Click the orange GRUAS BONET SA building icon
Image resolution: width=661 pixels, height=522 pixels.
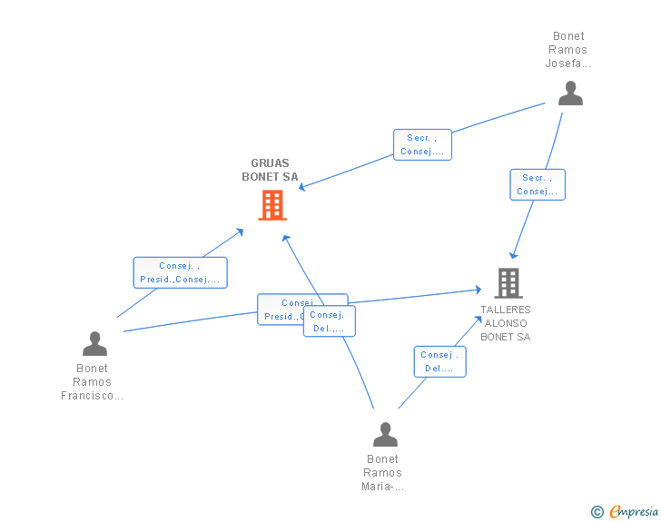pyautogui.click(x=271, y=205)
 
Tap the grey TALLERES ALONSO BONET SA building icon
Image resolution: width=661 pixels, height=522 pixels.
pyautogui.click(x=508, y=283)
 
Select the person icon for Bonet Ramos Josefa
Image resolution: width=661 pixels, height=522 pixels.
pyautogui.click(x=570, y=94)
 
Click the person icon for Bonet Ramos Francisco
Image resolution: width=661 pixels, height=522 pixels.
pyautogui.click(x=94, y=344)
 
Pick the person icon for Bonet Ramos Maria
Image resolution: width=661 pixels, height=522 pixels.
pyautogui.click(x=385, y=435)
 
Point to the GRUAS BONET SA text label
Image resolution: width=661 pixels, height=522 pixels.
pyautogui.click(x=270, y=171)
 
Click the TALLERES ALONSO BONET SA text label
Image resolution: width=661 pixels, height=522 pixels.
pyautogui.click(x=505, y=323)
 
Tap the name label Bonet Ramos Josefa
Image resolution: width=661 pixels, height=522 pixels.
pyautogui.click(x=568, y=50)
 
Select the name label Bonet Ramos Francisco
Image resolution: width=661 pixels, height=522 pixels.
pyautogui.click(x=92, y=382)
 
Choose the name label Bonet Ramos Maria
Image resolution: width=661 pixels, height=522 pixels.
pyautogui.click(x=383, y=473)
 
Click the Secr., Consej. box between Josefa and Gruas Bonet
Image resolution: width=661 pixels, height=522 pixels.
pyautogui.click(x=422, y=144)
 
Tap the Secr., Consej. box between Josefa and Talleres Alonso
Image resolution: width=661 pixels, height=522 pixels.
pyautogui.click(x=538, y=184)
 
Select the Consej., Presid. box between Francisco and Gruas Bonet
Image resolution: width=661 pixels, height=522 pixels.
pyautogui.click(x=180, y=272)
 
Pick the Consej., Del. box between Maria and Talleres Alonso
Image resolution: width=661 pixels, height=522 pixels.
pyautogui.click(x=439, y=361)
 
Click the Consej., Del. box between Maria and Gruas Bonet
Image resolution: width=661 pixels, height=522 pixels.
pyautogui.click(x=329, y=321)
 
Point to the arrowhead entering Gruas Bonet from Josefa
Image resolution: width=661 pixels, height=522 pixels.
pyautogui.click(x=302, y=188)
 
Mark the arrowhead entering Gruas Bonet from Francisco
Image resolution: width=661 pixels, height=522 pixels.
pyautogui.click(x=241, y=231)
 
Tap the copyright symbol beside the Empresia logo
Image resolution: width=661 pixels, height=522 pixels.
pyautogui.click(x=597, y=512)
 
